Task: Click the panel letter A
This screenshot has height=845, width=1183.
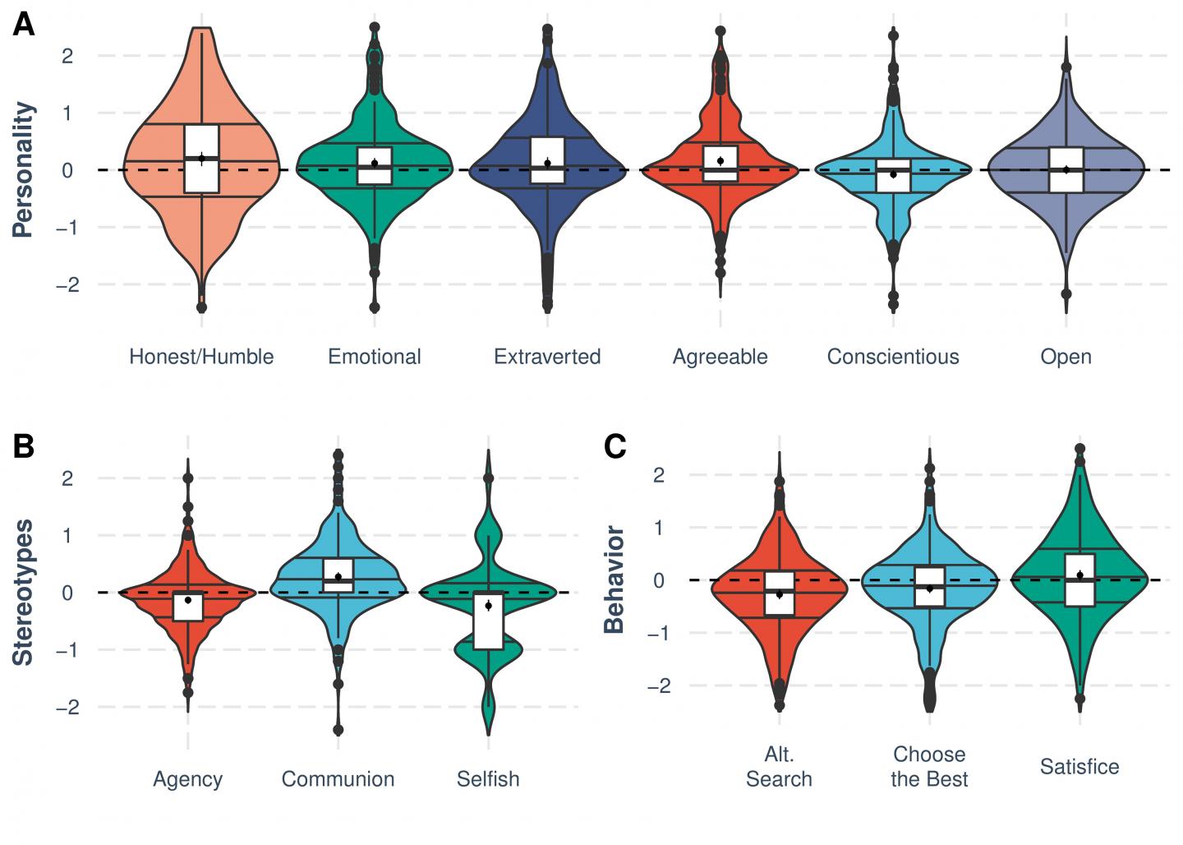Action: coord(23,25)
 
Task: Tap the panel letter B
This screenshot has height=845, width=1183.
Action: coord(23,446)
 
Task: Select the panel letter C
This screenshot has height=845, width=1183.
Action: coord(615,446)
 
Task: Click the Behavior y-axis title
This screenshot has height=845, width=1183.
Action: coord(615,580)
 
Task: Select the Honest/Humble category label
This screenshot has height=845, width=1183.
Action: coord(201,357)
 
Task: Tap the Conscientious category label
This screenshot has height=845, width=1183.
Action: coord(893,357)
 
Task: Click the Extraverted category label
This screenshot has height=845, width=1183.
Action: coord(547,357)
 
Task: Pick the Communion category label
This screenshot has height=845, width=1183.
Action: coord(338,779)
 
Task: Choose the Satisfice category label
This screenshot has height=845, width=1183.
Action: coord(1079,767)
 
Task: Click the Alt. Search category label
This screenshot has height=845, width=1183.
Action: coord(779,767)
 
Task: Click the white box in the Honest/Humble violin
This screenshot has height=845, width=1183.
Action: coord(201,159)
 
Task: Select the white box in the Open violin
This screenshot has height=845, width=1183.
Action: coord(1066,169)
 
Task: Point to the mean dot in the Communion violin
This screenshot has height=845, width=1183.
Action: coord(338,577)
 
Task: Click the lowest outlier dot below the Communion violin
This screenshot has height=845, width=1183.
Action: coord(338,730)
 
